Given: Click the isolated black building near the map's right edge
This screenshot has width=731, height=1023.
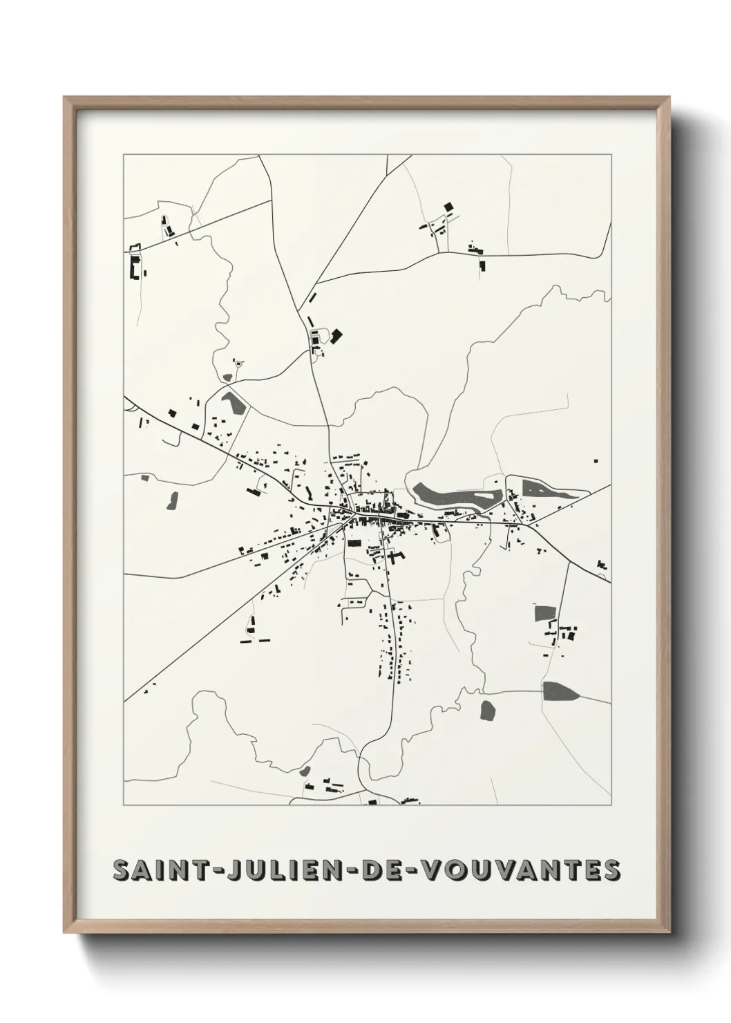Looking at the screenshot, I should pos(596,460).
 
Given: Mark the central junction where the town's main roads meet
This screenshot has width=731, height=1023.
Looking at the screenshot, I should pos(353,513).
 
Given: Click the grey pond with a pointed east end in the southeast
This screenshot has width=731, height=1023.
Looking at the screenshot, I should pos(560,691).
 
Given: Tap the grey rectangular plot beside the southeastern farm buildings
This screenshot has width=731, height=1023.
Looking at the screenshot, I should pos(545,612).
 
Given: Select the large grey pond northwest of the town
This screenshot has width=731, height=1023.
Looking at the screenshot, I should pos(234,403).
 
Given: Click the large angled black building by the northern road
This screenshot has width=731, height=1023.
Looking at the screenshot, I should pos(336,336).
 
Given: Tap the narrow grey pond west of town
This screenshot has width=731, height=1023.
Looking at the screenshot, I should pos(171,500).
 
